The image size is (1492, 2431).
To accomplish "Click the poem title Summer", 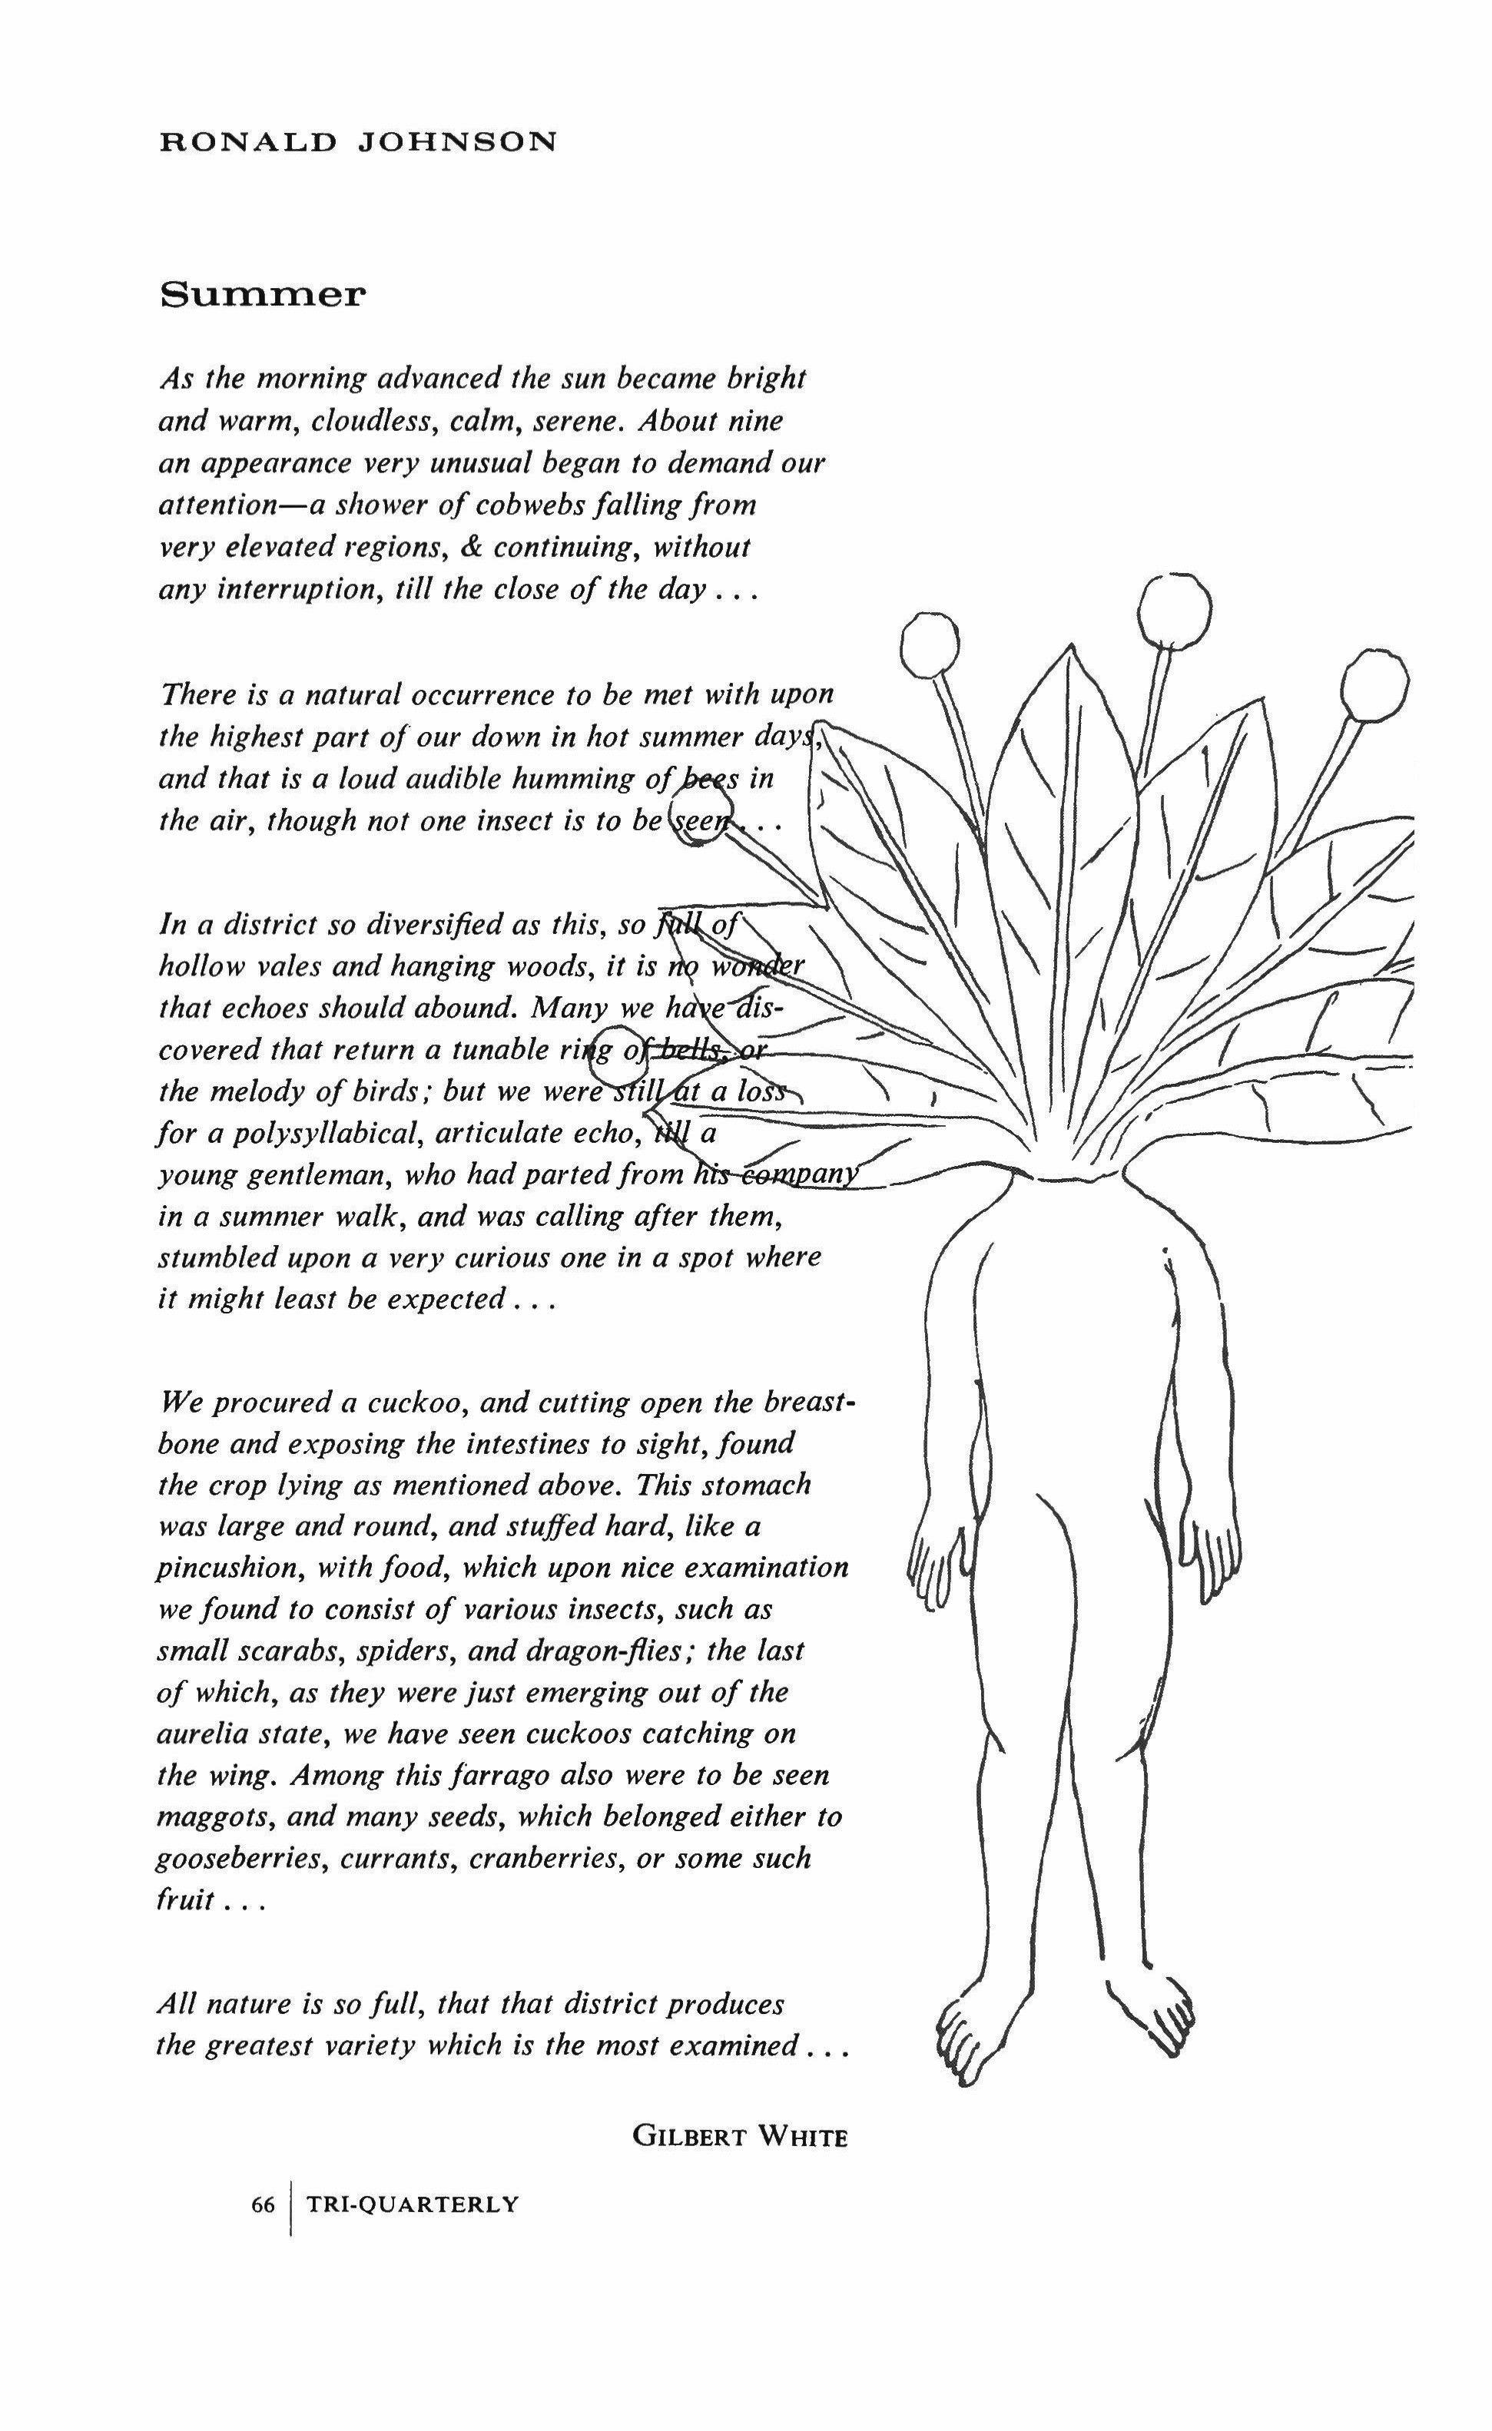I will (263, 294).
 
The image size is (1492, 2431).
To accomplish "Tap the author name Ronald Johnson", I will (358, 142).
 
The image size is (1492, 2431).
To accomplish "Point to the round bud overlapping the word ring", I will (621, 1050).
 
